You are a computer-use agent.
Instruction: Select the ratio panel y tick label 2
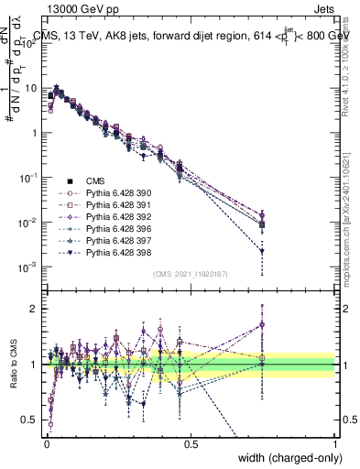coord(34,309)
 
